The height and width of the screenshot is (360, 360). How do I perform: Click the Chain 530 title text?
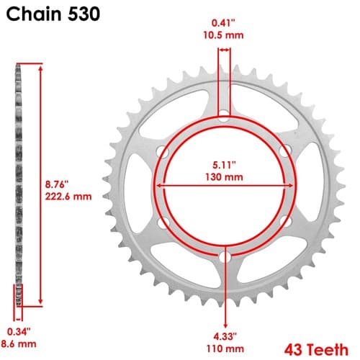click(53, 14)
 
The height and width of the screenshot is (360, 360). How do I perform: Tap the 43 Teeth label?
click(316, 350)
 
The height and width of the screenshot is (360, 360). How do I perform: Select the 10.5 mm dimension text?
click(223, 35)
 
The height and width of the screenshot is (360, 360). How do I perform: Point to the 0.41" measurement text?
click(223, 23)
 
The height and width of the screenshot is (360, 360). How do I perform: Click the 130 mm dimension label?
click(224, 177)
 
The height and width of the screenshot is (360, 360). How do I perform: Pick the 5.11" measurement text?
click(224, 165)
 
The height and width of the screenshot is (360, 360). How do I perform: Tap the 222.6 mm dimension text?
click(68, 197)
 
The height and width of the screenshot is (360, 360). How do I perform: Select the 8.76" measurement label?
click(57, 184)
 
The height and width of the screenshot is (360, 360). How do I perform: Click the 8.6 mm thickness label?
click(19, 344)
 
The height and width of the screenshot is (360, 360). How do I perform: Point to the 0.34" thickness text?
click(19, 332)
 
